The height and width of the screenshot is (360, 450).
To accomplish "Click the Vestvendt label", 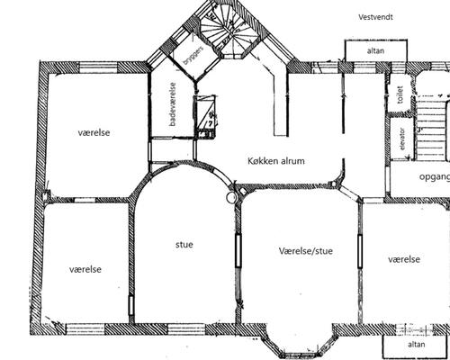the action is (375, 17).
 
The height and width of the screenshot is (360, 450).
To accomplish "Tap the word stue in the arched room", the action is (184, 245).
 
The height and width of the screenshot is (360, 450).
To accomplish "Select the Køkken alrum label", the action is (276, 161).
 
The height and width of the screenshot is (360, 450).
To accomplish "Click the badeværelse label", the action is (173, 104).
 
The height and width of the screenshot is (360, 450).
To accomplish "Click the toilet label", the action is (400, 94).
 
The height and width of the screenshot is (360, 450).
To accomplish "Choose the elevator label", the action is (402, 139).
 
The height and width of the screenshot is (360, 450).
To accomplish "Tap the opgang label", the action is (435, 177).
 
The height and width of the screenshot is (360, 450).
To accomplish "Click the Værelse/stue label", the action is (306, 251).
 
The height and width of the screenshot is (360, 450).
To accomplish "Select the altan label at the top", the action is (375, 50).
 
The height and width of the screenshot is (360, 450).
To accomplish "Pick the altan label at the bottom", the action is (417, 344).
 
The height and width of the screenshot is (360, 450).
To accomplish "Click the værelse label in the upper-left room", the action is (94, 132).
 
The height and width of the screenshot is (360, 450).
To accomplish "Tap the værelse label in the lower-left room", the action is (85, 269).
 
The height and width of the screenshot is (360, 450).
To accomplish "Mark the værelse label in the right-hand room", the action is (404, 259).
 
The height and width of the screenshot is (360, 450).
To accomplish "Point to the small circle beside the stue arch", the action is (231, 197).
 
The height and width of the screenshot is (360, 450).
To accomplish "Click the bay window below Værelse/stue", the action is (299, 342).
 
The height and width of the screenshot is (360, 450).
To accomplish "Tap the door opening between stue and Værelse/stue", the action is (238, 250).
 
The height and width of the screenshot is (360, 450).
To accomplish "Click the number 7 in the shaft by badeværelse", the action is (210, 122).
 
